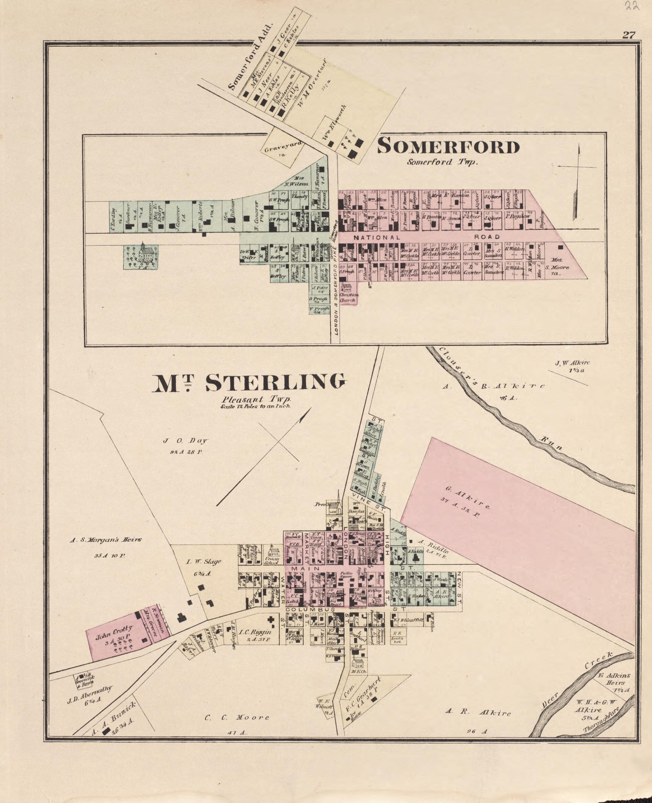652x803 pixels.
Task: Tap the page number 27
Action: (x=628, y=35)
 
